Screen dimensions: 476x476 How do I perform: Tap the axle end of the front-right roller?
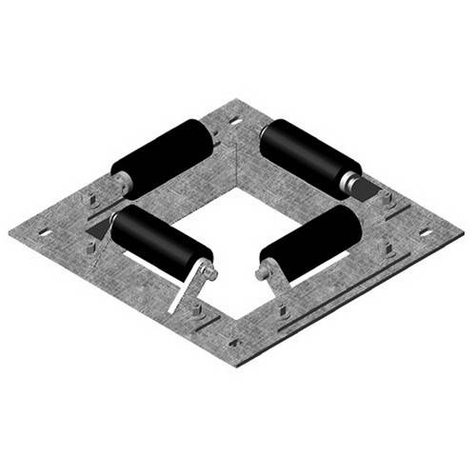click(262, 274)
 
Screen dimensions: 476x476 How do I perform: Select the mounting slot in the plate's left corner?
click(42, 231)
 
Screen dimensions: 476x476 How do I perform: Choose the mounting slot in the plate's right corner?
click(426, 232)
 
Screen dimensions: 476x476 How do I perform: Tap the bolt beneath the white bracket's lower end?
click(195, 310)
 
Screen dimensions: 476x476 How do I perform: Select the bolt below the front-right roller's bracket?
click(282, 307)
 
